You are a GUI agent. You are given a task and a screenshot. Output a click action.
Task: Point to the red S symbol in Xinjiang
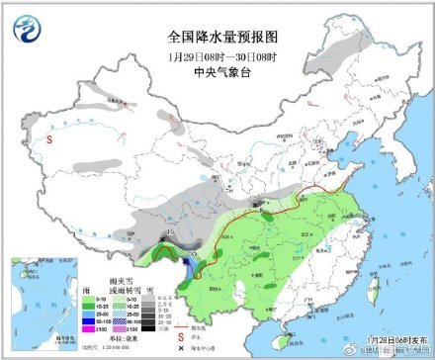(48, 139)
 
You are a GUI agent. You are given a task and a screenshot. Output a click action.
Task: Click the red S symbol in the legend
(180, 336)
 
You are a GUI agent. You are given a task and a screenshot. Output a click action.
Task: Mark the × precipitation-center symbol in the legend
(180, 347)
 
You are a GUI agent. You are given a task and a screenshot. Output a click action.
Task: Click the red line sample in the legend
(180, 327)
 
